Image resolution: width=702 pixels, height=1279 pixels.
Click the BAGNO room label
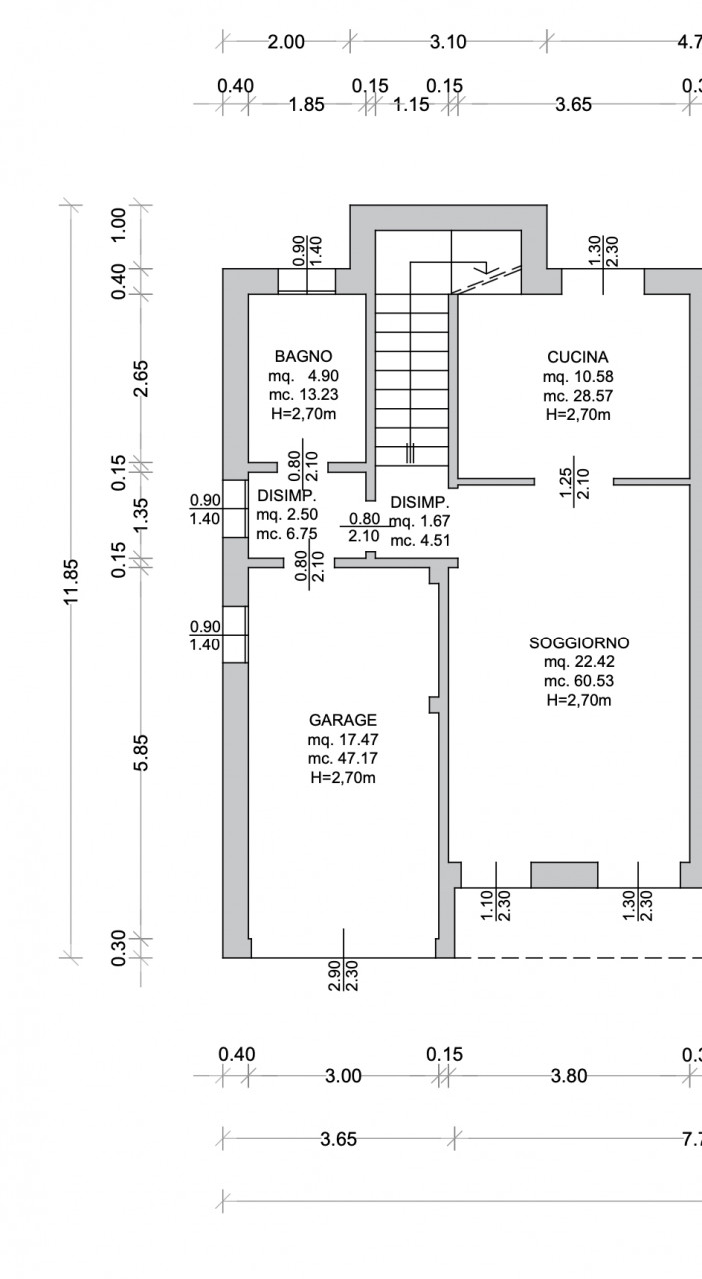point(303,357)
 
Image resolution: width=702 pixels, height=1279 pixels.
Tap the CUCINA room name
point(577,357)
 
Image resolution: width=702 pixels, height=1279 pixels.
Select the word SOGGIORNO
point(579,642)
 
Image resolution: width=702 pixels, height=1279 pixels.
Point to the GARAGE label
point(343,720)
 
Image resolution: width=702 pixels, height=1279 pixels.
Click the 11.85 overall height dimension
point(71,582)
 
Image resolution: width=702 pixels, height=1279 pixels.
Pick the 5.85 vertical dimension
point(141,753)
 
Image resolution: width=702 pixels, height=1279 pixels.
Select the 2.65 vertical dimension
point(141,378)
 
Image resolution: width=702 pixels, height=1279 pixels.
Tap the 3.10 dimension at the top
point(448,42)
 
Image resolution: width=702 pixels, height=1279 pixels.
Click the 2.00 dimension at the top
point(286,42)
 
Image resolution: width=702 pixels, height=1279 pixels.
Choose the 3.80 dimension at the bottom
point(569,1076)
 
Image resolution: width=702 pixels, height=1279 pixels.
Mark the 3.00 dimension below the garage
point(343,1076)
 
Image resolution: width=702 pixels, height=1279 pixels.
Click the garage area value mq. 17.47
point(343,740)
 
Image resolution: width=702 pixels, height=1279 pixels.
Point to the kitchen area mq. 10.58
point(578,377)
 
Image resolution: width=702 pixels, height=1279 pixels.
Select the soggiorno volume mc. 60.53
point(579,681)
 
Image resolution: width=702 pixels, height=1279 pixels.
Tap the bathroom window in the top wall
point(307,281)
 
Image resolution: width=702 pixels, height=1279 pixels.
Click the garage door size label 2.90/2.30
point(344,976)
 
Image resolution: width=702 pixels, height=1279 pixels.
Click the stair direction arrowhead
point(482,267)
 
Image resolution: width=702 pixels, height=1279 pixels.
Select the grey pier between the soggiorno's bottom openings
point(564,875)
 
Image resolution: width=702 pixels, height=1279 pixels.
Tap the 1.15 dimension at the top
point(411,105)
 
